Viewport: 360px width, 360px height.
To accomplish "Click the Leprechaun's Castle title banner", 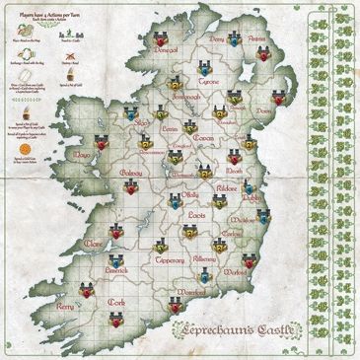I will click(x=258, y=331).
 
